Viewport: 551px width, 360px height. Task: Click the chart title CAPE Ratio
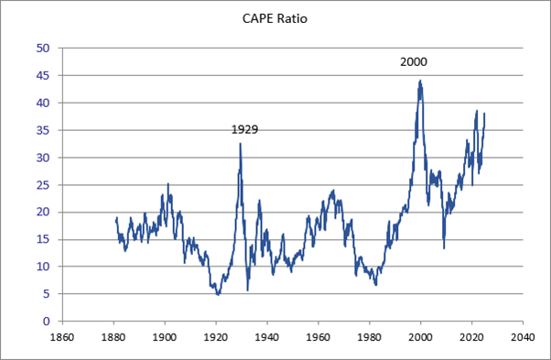pyautogui.click(x=275, y=16)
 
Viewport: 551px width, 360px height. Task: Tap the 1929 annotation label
pyautogui.click(x=243, y=129)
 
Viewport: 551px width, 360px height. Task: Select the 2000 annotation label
pyautogui.click(x=414, y=62)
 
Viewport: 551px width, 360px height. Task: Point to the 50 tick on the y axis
pyautogui.click(x=42, y=48)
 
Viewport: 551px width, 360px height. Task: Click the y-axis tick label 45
pyautogui.click(x=42, y=75)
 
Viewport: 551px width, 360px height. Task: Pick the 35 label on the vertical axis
pyautogui.click(x=42, y=130)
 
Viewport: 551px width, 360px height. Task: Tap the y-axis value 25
pyautogui.click(x=42, y=184)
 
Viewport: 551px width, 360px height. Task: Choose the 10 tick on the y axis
pyautogui.click(x=42, y=267)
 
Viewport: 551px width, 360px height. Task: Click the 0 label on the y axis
pyautogui.click(x=45, y=322)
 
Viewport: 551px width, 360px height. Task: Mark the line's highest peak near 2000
pyautogui.click(x=420, y=81)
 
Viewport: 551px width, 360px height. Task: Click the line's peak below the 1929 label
pyautogui.click(x=240, y=143)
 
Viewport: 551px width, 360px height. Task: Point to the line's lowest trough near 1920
pyautogui.click(x=217, y=294)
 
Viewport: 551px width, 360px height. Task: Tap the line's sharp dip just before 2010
pyautogui.click(x=444, y=247)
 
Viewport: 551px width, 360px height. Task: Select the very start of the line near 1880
pyautogui.click(x=116, y=220)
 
